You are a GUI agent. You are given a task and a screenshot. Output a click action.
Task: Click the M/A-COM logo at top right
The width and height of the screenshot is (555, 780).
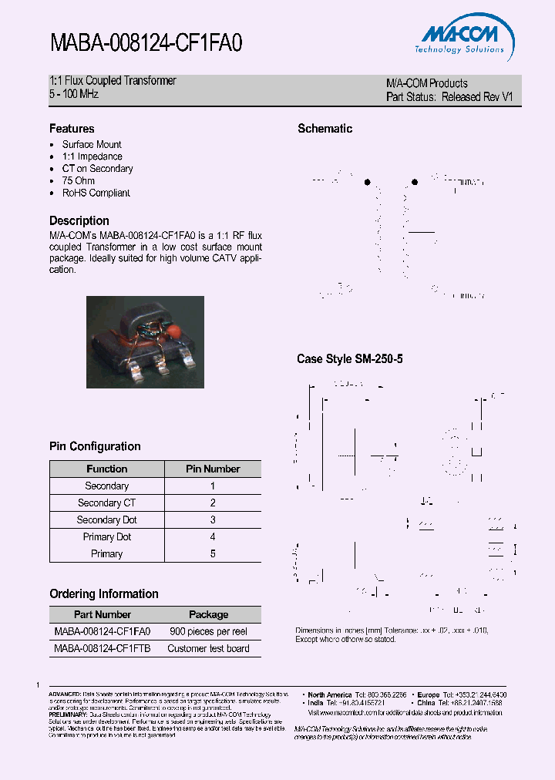[x=462, y=38]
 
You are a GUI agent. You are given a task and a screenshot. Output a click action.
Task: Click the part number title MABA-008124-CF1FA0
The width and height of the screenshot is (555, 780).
[x=146, y=42]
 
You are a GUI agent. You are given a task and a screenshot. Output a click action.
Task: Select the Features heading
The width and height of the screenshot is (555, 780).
[x=72, y=129]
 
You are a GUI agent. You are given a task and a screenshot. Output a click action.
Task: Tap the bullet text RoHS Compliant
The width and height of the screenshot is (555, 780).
[x=96, y=193]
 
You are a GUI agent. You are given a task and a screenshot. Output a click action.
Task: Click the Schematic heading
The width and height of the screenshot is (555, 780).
[x=325, y=129]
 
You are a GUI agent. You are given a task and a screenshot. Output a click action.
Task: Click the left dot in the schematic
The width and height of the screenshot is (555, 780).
[x=367, y=183]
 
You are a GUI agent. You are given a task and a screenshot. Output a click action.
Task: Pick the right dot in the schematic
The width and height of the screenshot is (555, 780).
[x=415, y=183]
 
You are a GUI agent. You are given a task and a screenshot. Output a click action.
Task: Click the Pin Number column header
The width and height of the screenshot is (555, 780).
[x=213, y=469]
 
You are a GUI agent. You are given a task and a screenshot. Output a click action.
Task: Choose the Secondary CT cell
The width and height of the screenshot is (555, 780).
[x=106, y=503]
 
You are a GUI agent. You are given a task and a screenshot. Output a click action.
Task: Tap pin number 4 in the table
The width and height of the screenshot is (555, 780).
[x=213, y=536]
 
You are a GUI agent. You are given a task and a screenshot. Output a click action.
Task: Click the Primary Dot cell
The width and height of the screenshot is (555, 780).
[x=106, y=536]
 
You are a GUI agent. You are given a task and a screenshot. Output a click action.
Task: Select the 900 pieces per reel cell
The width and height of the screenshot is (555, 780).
[x=208, y=631]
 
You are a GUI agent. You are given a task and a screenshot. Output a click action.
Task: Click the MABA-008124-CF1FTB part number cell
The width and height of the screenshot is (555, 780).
[x=103, y=648]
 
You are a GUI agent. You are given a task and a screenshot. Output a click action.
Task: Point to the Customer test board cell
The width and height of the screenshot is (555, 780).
[x=208, y=648]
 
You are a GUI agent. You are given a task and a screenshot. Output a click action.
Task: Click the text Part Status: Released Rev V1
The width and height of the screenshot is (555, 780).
[x=449, y=97]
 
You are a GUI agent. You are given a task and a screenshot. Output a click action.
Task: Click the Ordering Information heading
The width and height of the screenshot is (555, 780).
[x=104, y=593]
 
